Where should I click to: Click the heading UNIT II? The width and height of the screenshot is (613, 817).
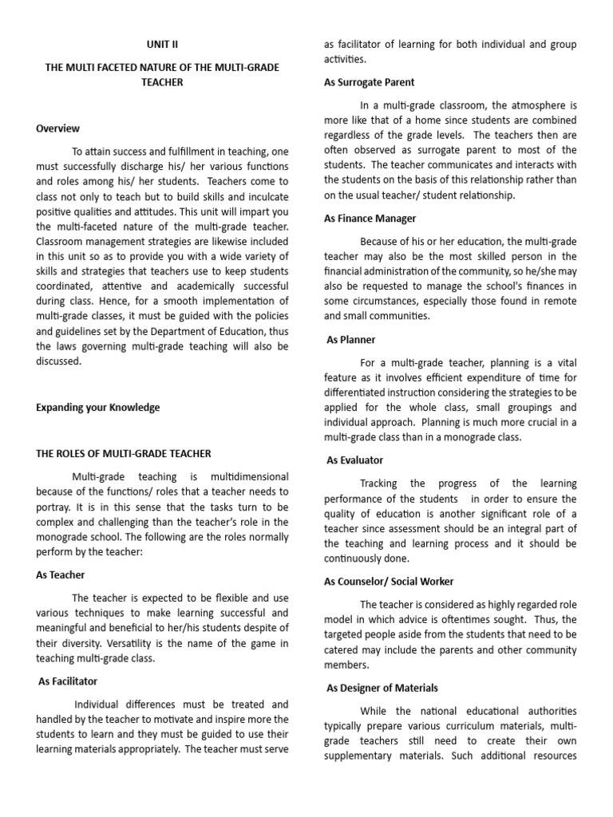(162, 45)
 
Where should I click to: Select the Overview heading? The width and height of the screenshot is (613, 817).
(58, 128)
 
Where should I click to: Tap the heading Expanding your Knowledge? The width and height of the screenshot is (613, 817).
(98, 408)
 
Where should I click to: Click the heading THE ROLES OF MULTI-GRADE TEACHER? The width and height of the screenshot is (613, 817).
(124, 453)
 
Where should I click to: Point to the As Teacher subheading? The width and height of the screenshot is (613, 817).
(61, 574)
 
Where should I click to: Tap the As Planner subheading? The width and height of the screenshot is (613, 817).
(351, 340)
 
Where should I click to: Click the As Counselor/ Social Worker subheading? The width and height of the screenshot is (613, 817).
(389, 582)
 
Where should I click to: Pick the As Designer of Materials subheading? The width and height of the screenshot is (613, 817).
(382, 688)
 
